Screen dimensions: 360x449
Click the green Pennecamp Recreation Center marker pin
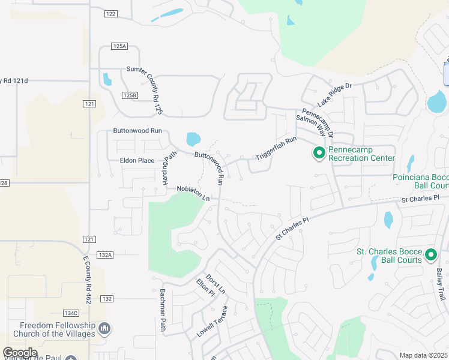319,154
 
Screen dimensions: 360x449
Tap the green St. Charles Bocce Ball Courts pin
430,256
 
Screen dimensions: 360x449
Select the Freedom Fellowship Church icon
104,328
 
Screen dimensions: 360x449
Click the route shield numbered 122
110,14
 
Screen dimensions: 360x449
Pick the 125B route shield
130,95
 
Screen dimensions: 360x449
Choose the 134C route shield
71,313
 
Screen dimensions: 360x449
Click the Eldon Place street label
137,161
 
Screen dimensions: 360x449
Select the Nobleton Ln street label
194,193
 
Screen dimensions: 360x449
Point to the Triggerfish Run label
277,148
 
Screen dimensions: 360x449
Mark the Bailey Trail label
441,284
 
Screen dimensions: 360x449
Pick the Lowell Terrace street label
212,322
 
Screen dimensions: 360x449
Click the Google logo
20,353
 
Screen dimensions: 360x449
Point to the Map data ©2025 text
423,355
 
